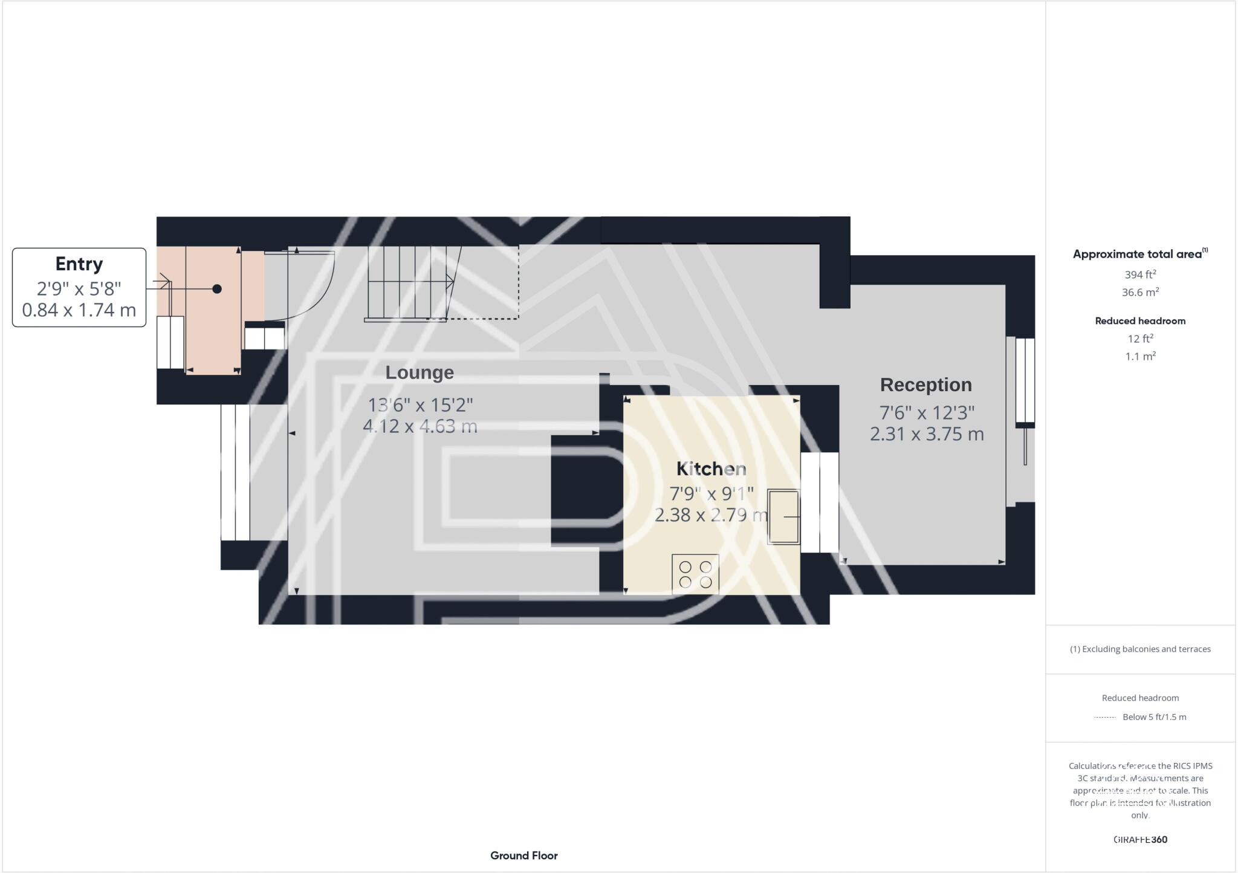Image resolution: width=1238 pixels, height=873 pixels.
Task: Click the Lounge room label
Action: click(420, 373)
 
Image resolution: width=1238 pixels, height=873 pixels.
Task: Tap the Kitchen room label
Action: click(711, 469)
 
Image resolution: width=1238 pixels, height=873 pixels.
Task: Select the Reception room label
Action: click(925, 385)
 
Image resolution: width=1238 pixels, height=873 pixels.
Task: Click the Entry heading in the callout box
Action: click(79, 264)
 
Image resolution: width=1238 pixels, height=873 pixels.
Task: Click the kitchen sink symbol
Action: click(783, 517)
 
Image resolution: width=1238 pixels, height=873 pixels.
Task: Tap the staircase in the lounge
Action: click(411, 282)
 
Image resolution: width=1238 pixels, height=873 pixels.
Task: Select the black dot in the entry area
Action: click(217, 289)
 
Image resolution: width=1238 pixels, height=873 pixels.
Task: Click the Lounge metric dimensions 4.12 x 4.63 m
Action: click(420, 426)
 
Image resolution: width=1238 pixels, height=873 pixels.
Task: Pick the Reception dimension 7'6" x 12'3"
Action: click(927, 413)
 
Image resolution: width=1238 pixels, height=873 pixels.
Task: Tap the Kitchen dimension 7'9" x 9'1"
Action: click(711, 494)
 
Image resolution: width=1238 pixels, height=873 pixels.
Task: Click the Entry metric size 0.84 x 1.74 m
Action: click(79, 310)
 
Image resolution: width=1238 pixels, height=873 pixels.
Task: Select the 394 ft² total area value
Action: click(1140, 274)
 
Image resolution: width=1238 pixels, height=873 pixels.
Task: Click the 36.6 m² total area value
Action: click(1140, 293)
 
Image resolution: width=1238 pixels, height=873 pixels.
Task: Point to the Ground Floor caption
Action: click(524, 855)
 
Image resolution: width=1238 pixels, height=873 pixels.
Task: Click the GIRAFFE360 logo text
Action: click(1140, 839)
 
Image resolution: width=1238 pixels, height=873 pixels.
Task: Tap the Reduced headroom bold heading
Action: click(1140, 321)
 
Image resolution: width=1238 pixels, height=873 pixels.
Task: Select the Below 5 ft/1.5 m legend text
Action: click(1154, 717)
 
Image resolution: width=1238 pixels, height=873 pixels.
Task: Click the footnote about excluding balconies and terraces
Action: click(1140, 649)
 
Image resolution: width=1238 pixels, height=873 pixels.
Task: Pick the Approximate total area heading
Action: click(1139, 255)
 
